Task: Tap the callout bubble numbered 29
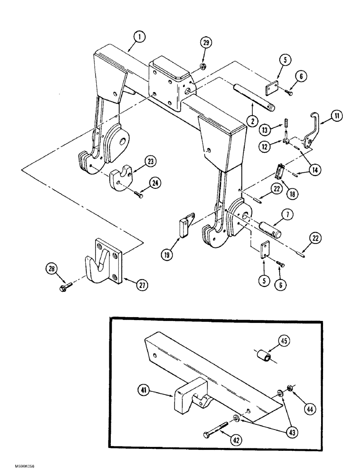(205, 43)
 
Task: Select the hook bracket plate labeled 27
(108, 260)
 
